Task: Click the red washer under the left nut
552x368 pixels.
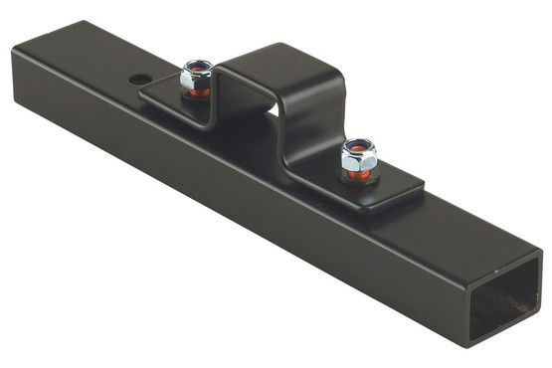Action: pyautogui.click(x=196, y=92)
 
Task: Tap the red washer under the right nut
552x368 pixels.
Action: pyautogui.click(x=359, y=175)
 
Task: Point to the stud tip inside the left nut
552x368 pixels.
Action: pyautogui.click(x=197, y=67)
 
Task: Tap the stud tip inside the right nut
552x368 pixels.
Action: pyautogui.click(x=358, y=148)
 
